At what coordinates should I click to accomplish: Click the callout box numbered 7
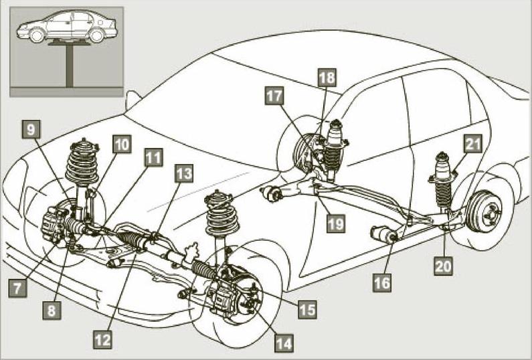[17, 288]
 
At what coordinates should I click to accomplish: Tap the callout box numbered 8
[52, 310]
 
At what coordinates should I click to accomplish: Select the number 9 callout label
[31, 129]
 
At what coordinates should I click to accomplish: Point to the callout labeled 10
[122, 145]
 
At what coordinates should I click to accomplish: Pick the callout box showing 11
[154, 157]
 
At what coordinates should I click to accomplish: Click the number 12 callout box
[103, 340]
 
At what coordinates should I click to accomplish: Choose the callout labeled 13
[184, 174]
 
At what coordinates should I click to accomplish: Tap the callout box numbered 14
[284, 343]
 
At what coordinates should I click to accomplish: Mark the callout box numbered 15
[307, 309]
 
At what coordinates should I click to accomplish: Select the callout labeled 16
[382, 282]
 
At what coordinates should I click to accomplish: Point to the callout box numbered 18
[327, 78]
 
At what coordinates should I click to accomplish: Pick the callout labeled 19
[336, 223]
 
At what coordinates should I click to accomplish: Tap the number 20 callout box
[444, 266]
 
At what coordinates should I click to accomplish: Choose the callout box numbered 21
[473, 144]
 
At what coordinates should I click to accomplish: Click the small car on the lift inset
[67, 27]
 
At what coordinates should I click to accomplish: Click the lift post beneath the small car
[70, 66]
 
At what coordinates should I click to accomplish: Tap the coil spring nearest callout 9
[82, 163]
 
